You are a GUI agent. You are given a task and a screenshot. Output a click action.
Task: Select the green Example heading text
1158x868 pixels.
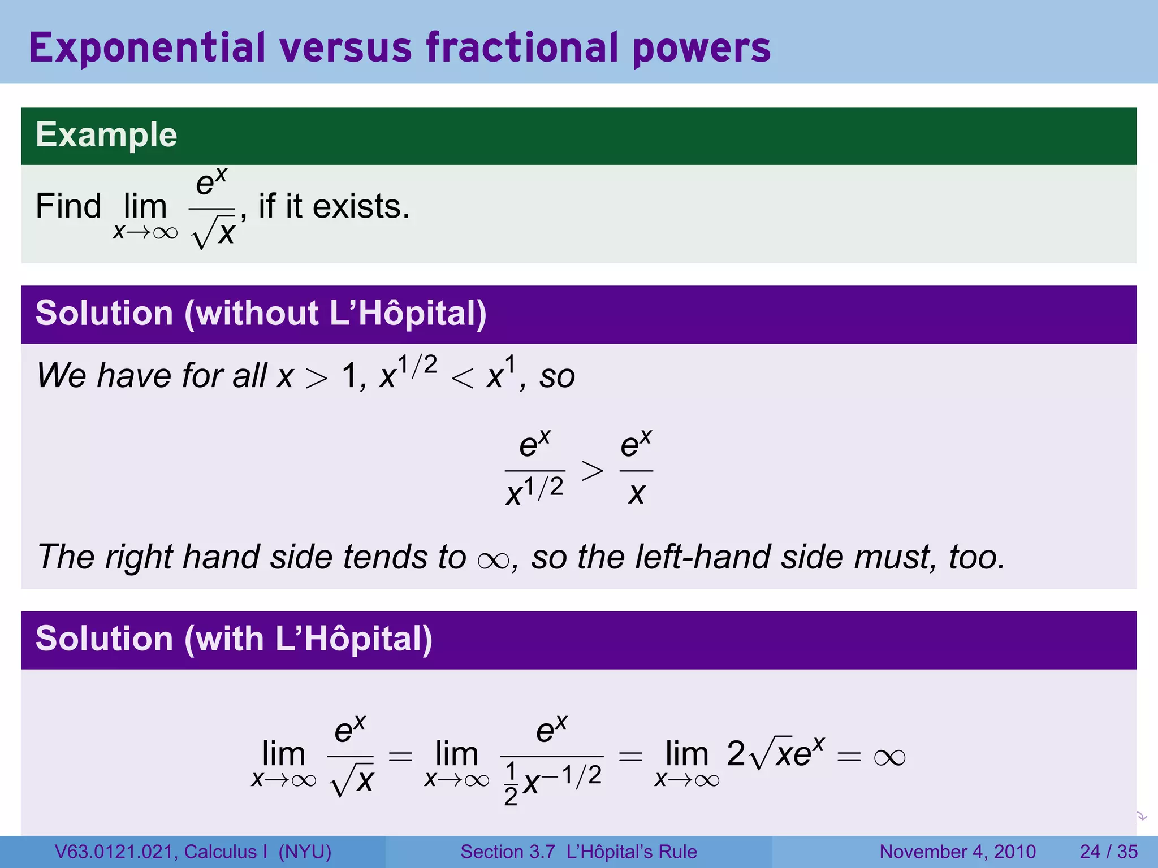point(106,135)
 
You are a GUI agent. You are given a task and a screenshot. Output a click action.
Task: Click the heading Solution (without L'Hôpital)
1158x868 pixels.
point(261,314)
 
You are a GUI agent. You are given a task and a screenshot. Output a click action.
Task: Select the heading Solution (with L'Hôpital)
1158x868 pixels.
point(234,639)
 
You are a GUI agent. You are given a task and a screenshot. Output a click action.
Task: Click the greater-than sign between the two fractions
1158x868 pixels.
point(592,470)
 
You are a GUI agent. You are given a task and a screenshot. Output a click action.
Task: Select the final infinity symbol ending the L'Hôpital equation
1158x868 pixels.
point(889,757)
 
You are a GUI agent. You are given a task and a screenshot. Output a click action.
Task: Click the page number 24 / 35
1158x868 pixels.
point(1108,852)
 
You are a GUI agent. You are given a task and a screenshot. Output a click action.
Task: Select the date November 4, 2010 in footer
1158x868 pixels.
point(957,852)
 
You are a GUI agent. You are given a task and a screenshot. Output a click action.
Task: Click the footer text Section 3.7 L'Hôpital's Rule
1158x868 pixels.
point(578,852)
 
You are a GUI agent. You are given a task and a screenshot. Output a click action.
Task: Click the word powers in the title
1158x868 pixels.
point(702,48)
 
